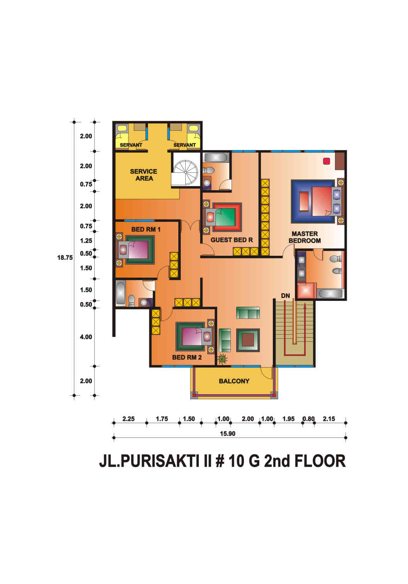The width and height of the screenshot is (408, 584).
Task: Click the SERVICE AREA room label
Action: [x=144, y=175]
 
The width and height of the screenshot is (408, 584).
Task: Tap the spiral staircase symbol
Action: [x=186, y=172]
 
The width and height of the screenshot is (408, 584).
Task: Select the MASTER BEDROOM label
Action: [x=305, y=237]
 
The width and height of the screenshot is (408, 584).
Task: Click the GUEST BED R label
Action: [x=232, y=240]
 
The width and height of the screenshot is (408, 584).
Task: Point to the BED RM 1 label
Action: [x=146, y=230]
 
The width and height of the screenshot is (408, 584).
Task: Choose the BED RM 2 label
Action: [x=187, y=358]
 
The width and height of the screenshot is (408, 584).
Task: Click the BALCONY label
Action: [x=234, y=381]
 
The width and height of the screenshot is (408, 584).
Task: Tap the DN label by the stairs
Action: [x=285, y=295]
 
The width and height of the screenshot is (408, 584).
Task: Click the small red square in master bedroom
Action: [x=326, y=161]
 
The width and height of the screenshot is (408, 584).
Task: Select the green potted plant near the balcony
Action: [x=222, y=359]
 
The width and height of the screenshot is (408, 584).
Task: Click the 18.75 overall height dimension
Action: [x=65, y=258]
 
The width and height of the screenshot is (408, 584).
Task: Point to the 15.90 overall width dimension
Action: [x=227, y=434]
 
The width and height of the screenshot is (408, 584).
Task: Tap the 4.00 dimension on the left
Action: [x=86, y=337]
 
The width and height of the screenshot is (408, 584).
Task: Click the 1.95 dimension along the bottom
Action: [x=288, y=419]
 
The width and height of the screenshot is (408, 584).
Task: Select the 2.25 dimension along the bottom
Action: [x=129, y=419]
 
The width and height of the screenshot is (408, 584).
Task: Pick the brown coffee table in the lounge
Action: [x=248, y=340]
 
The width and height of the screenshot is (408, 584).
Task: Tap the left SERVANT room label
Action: [x=131, y=145]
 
